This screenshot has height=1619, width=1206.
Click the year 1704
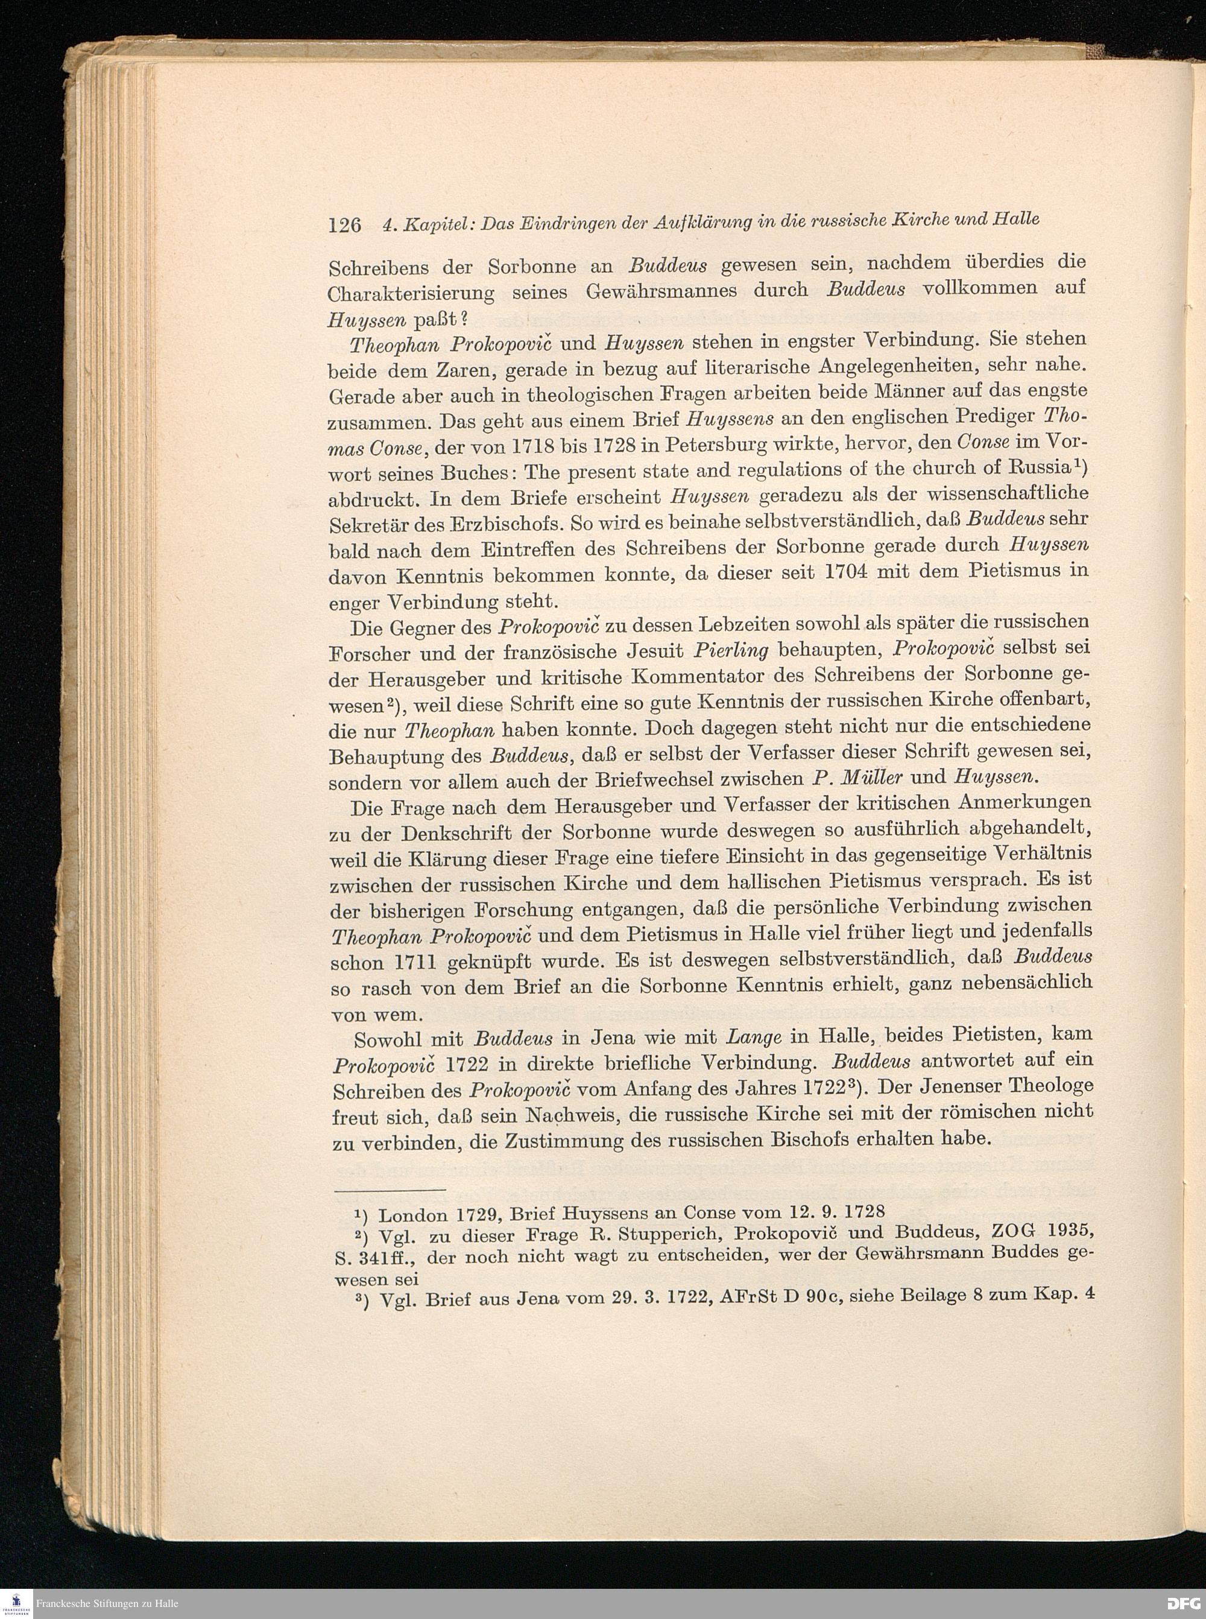pos(849,573)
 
